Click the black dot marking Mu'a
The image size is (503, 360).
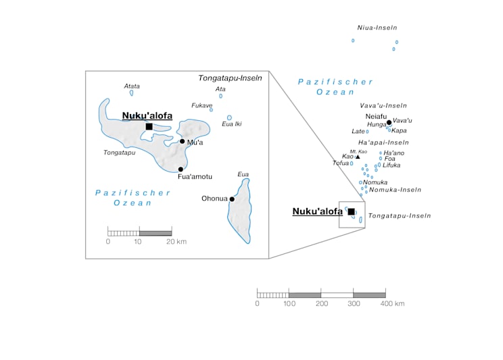pyautogui.click(x=182, y=141)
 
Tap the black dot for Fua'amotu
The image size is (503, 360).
pyautogui.click(x=181, y=169)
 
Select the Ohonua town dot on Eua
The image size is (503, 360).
pyautogui.click(x=232, y=199)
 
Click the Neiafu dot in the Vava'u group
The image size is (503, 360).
pyautogui.click(x=389, y=122)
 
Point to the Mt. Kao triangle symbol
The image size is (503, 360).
pyautogui.click(x=358, y=157)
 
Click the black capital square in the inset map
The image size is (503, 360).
pyautogui.click(x=149, y=126)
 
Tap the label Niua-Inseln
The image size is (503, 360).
pyautogui.click(x=377, y=28)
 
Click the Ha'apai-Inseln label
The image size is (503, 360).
pyautogui.click(x=383, y=143)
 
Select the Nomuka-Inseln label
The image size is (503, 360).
pyautogui.click(x=396, y=190)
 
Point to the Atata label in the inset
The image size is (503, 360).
pyautogui.click(x=132, y=86)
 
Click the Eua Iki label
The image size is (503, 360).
pyautogui.click(x=231, y=124)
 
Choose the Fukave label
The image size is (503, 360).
pyautogui.click(x=202, y=105)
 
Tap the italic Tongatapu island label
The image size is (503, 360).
pyautogui.click(x=119, y=153)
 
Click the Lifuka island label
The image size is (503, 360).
pyautogui.click(x=391, y=165)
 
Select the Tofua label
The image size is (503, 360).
pyautogui.click(x=341, y=163)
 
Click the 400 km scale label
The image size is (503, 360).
pyautogui.click(x=391, y=304)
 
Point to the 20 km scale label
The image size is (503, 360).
pyautogui.click(x=176, y=241)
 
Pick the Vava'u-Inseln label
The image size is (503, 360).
pyautogui.click(x=383, y=105)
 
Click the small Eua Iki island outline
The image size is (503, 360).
pyautogui.click(x=229, y=118)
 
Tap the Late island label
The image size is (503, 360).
pyautogui.click(x=358, y=131)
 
